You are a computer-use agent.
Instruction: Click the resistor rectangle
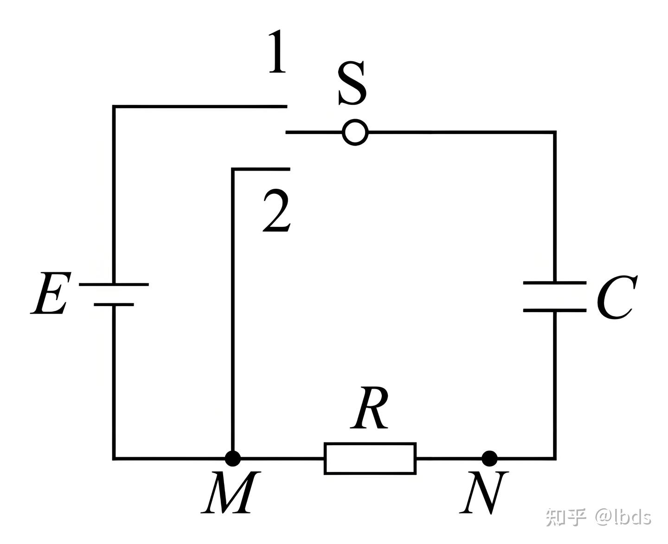coord(370,458)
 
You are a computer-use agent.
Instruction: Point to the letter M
coord(228,492)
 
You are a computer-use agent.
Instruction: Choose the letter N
coord(483,492)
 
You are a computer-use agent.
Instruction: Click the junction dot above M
coord(232,458)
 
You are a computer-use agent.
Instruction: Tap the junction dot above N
coord(489,458)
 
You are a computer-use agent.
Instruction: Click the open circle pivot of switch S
coord(355,133)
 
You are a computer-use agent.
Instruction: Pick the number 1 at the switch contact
coord(277,52)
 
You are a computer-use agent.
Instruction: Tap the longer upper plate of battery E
coord(114,284)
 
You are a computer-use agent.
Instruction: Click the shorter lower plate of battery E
coord(114,305)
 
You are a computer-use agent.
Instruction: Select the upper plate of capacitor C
coord(554,282)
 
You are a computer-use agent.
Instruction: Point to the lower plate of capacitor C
coord(554,309)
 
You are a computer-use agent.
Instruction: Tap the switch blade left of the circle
coord(314,133)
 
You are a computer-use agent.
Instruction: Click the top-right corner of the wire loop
coord(554,133)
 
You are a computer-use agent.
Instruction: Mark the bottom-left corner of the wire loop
coord(114,458)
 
